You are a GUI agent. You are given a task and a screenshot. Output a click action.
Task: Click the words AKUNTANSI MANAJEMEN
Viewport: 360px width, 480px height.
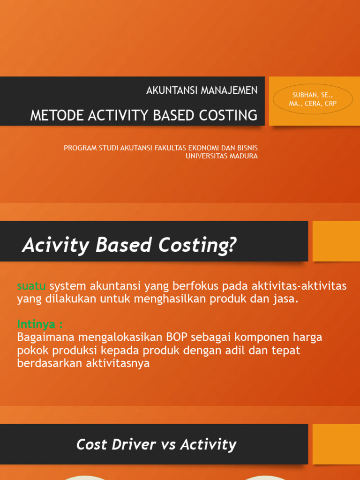pyautogui.click(x=202, y=90)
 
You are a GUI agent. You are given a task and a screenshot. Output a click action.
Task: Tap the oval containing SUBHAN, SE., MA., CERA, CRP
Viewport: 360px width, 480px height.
pyautogui.click(x=313, y=99)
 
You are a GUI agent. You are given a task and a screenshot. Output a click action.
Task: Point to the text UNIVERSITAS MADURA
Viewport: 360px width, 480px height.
pyautogui.click(x=221, y=156)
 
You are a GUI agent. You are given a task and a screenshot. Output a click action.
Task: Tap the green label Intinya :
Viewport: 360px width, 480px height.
pyautogui.click(x=40, y=324)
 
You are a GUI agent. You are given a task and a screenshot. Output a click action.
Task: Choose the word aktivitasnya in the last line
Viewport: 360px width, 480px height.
pyautogui.click(x=117, y=363)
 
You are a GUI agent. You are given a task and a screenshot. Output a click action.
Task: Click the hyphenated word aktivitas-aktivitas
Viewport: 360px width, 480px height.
pyautogui.click(x=299, y=286)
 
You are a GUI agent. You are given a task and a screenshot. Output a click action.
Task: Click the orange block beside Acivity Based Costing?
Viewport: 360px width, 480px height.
pyautogui.click(x=336, y=241)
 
